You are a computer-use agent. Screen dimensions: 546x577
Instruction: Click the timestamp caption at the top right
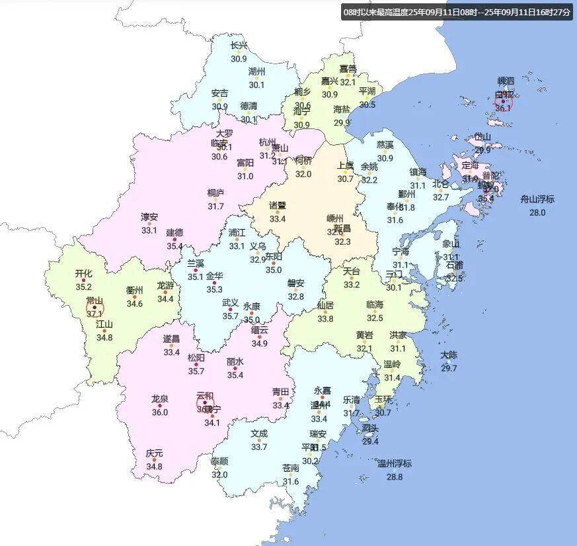(x=456, y=12)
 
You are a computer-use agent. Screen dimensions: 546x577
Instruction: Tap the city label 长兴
(x=239, y=46)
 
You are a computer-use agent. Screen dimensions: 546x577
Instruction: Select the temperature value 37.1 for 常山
(x=95, y=314)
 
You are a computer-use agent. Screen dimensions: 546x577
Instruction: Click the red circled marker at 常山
(x=95, y=307)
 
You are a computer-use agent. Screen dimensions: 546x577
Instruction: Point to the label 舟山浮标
(x=537, y=199)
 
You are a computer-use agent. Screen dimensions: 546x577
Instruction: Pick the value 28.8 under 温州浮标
(x=394, y=477)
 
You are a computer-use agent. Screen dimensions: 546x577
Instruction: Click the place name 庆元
(x=154, y=453)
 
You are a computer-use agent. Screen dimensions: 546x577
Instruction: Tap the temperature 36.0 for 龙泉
(x=159, y=412)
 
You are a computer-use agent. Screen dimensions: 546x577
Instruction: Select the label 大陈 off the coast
(x=449, y=355)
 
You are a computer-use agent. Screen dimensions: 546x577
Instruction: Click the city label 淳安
(x=149, y=217)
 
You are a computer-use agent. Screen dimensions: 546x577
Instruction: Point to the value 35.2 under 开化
(x=83, y=287)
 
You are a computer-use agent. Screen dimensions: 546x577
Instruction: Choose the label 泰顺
(x=219, y=461)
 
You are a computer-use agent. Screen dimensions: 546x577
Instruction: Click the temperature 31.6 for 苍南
(x=291, y=481)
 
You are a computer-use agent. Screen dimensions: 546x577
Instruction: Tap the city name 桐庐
(x=215, y=193)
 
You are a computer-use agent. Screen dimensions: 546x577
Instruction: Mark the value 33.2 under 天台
(x=352, y=285)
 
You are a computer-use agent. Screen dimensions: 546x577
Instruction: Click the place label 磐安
(x=295, y=284)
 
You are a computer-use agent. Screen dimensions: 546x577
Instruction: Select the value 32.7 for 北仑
(x=441, y=197)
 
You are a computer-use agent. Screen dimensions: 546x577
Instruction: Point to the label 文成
(x=259, y=434)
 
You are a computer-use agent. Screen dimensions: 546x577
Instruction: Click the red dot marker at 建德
(x=175, y=240)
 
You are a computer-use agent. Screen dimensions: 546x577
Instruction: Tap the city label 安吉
(x=219, y=93)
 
